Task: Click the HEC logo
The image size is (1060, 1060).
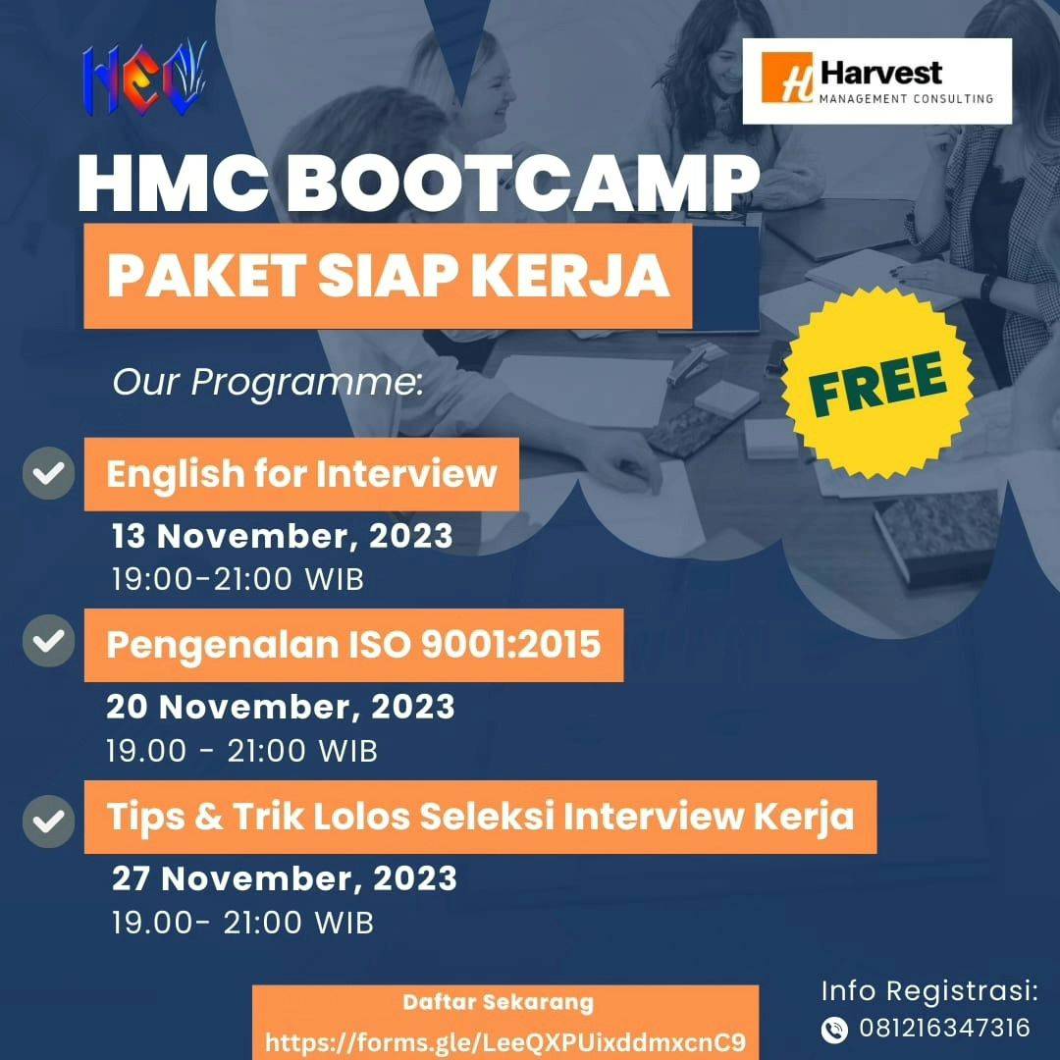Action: coord(144,79)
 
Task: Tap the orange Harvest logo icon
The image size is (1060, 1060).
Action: coord(787,78)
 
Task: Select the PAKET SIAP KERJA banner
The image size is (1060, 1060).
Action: coord(388,276)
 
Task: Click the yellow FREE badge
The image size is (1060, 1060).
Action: coord(876,384)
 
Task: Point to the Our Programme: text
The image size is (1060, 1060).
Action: coord(268,382)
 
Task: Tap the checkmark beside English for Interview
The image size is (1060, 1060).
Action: coord(49,473)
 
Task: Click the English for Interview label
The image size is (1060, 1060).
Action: coord(301,474)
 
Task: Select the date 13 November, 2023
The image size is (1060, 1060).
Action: coord(282,536)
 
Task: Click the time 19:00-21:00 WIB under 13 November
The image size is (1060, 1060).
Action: coord(238,579)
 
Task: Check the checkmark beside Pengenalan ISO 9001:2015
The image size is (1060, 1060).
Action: coord(49,641)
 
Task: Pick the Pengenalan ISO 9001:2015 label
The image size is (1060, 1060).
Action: coord(353,645)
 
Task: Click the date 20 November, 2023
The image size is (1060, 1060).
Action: coord(281,707)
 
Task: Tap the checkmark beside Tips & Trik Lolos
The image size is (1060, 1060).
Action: coord(49,821)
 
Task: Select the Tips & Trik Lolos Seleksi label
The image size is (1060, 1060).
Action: coord(481,817)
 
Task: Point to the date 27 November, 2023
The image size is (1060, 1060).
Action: coord(285,878)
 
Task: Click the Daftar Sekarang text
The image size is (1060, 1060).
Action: coord(499,1002)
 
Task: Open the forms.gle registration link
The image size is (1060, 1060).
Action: coord(505,1041)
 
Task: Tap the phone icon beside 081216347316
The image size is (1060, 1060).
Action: coord(834,1030)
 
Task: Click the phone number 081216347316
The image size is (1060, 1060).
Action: coord(944,1029)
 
